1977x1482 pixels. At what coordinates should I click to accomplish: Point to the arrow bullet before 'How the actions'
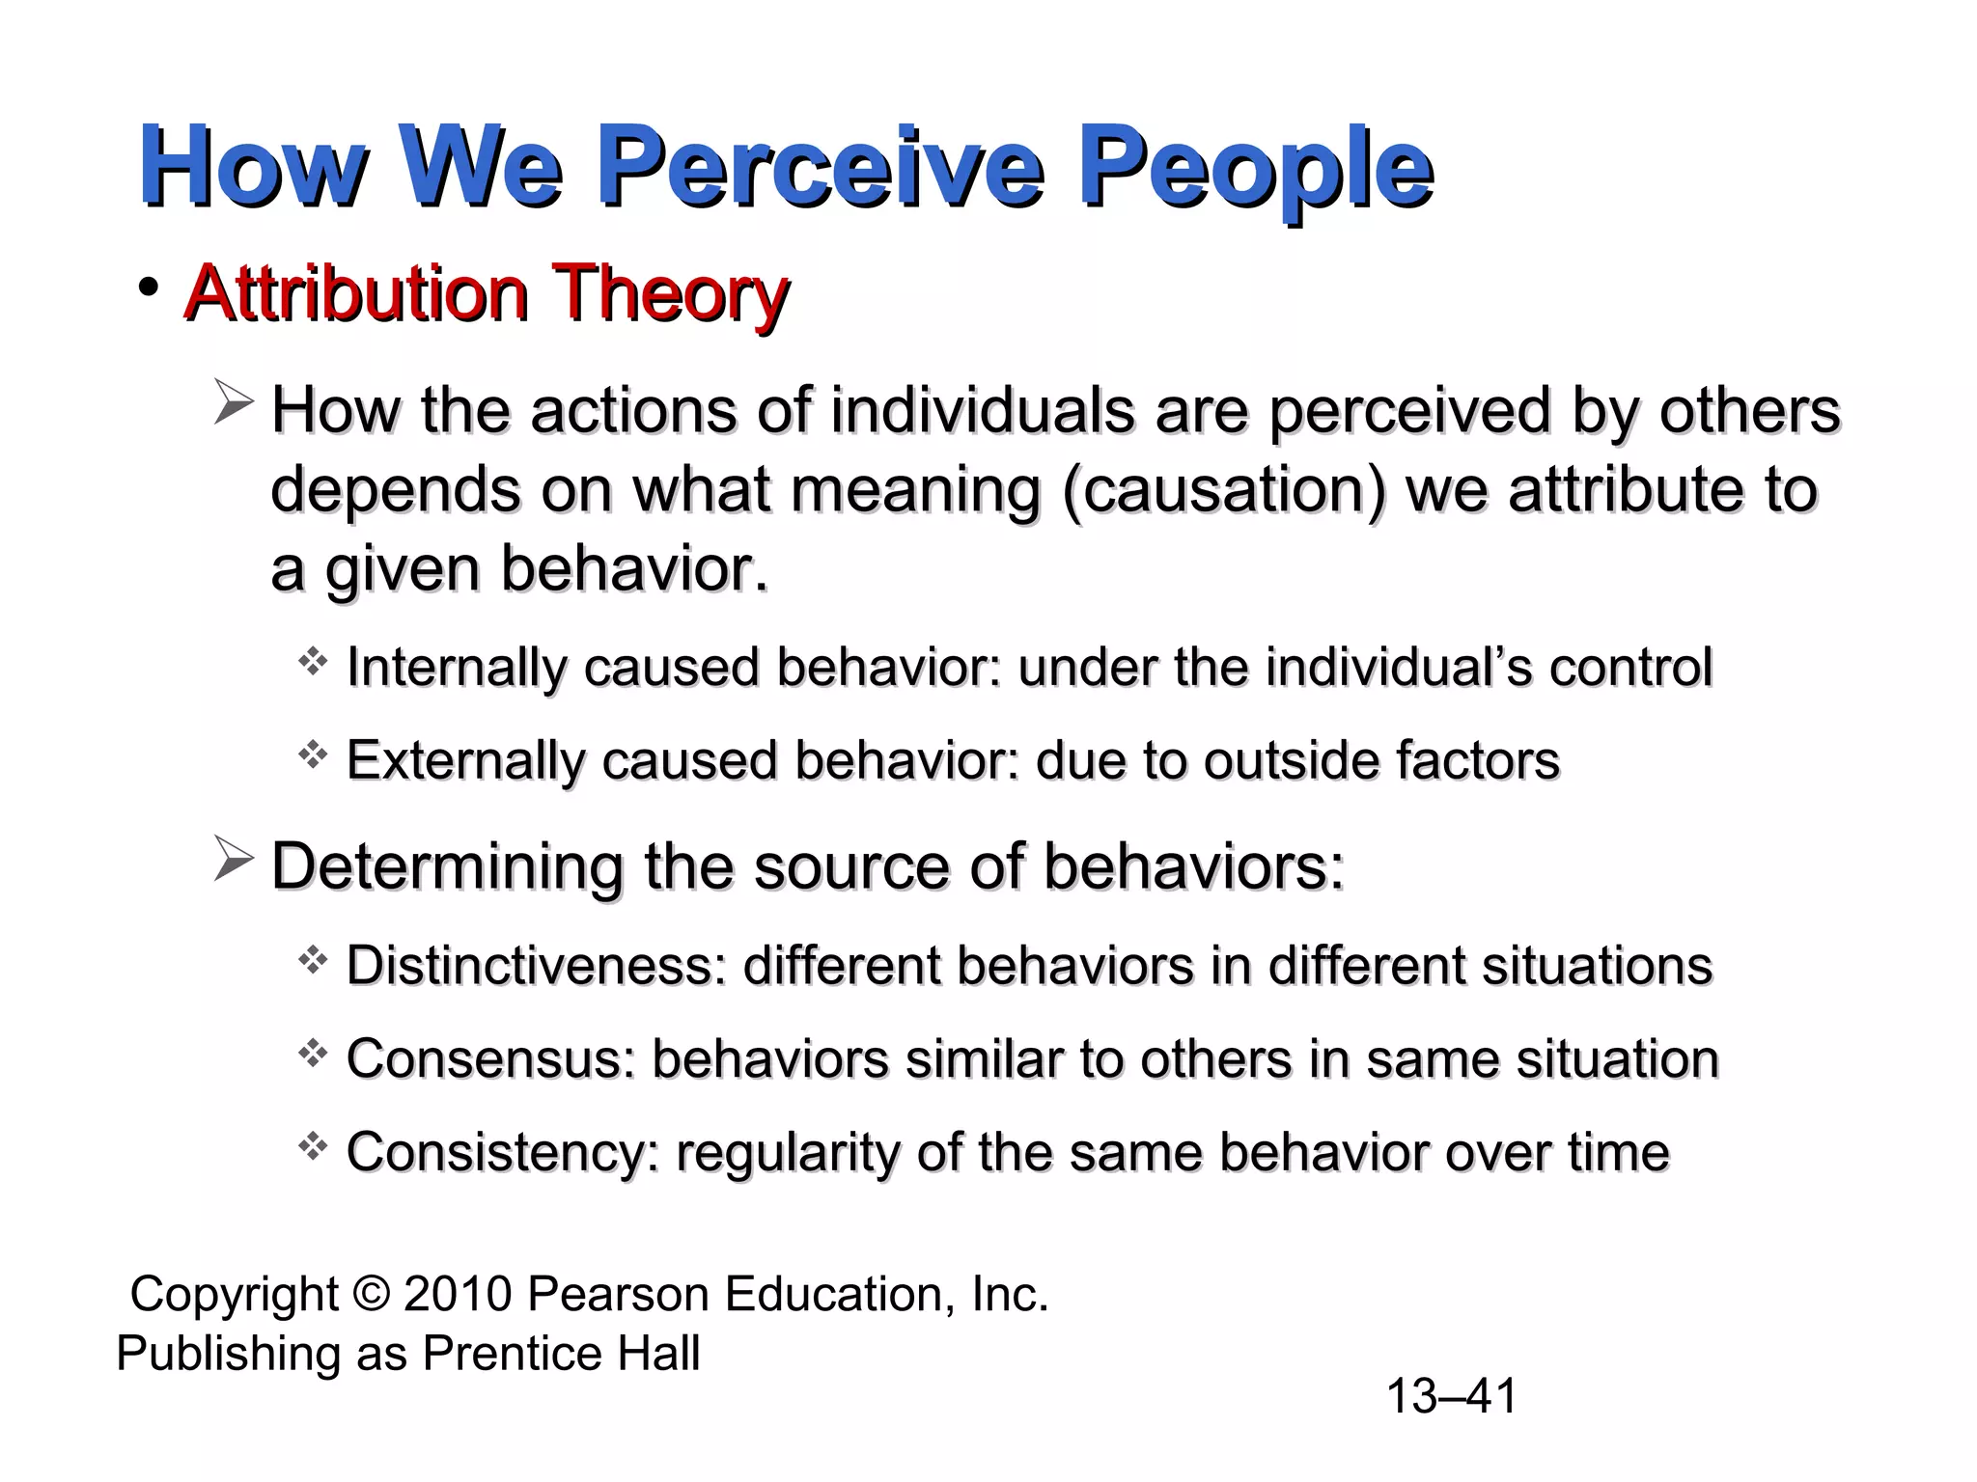[x=233, y=404]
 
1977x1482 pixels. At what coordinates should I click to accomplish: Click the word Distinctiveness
[x=536, y=966]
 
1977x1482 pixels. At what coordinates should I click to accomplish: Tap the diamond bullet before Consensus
[x=313, y=1054]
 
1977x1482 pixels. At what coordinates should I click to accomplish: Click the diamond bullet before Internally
[x=313, y=663]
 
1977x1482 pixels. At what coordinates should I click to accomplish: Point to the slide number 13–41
[x=1451, y=1396]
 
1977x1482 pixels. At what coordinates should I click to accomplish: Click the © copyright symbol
[x=371, y=1294]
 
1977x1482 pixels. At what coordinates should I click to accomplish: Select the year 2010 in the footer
[x=458, y=1294]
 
